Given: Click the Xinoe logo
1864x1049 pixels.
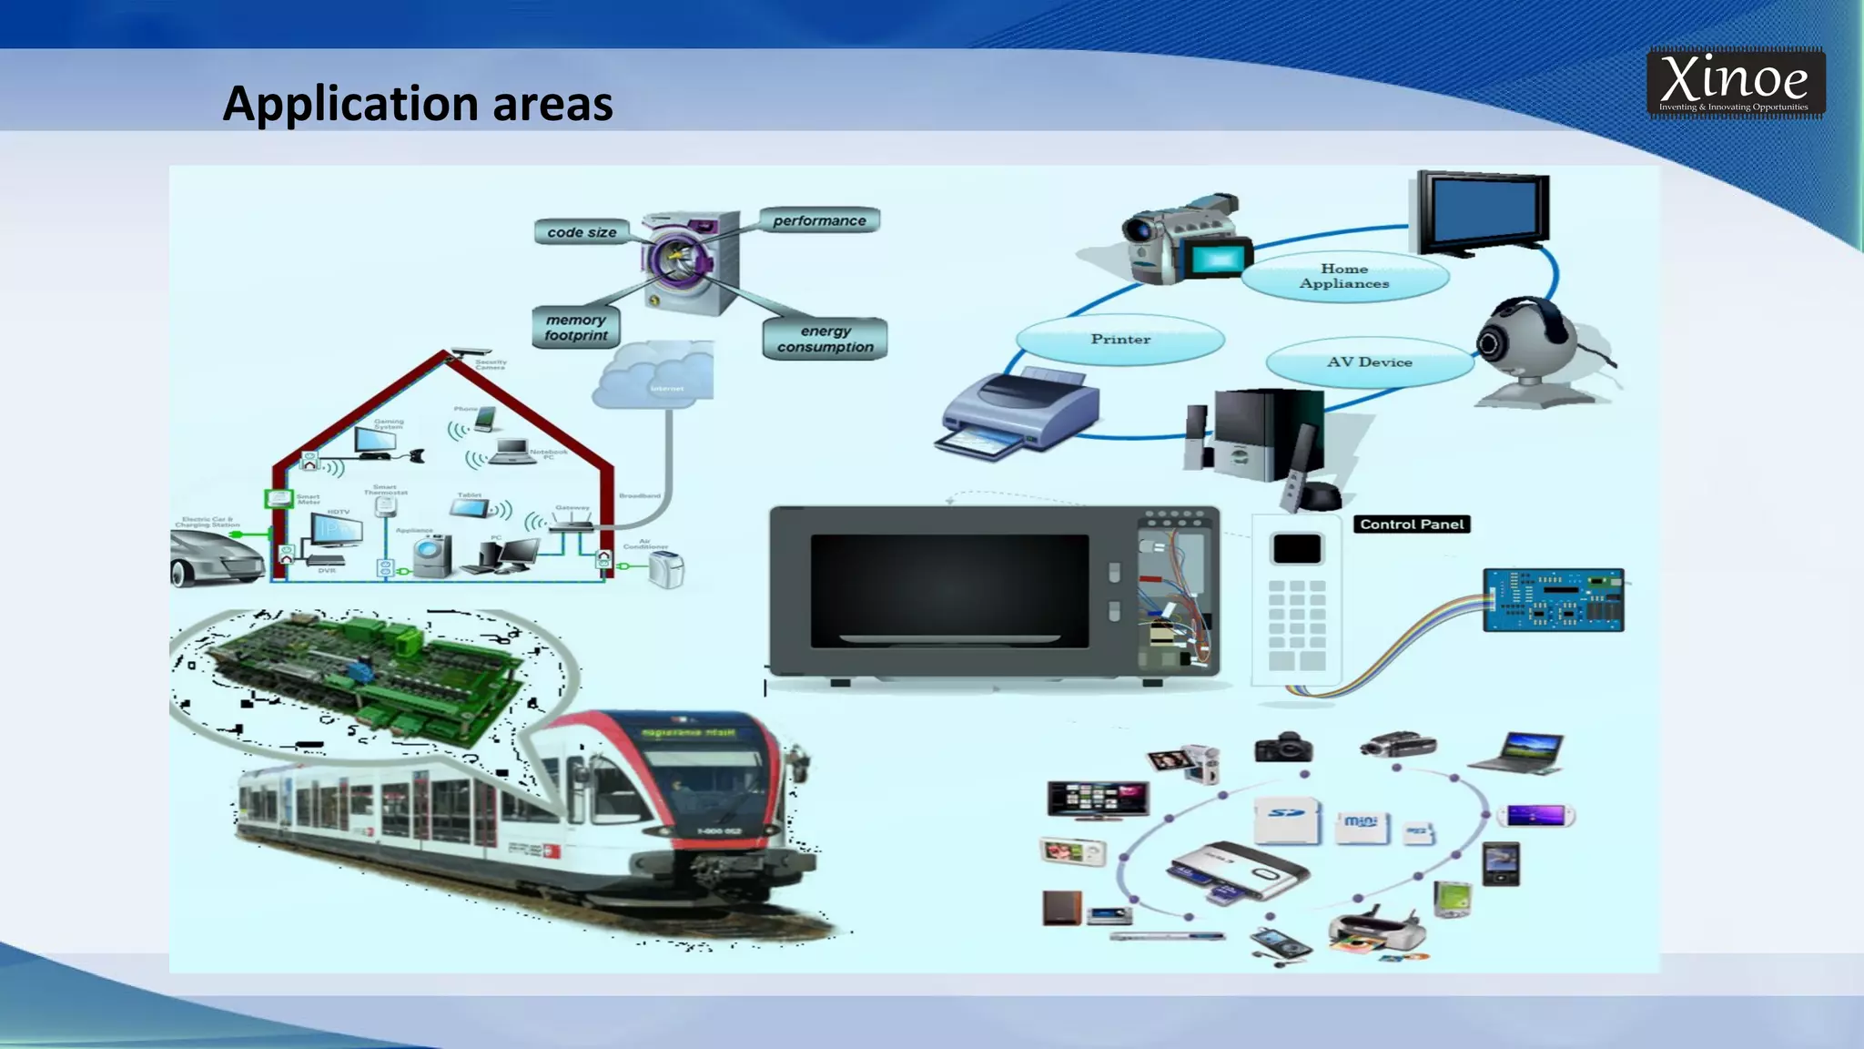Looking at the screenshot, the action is coord(1735,83).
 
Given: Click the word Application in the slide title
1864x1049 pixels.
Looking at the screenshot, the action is coord(349,105).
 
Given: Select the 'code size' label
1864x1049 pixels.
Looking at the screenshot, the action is coord(582,232).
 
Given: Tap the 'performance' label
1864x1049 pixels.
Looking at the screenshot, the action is coord(819,220).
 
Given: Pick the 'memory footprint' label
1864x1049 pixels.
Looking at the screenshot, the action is coord(575,328).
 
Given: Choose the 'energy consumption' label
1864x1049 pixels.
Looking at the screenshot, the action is coord(825,339).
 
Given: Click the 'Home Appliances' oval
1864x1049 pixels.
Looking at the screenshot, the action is coord(1343,276).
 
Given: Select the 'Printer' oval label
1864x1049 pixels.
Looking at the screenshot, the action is coord(1120,339).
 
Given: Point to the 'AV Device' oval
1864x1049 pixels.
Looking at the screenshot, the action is coord(1369,362).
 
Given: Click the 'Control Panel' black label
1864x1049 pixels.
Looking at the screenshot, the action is coord(1412,524).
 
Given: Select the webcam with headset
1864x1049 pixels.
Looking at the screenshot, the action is coord(1529,351).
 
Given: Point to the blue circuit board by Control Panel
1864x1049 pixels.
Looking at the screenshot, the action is coord(1553,600).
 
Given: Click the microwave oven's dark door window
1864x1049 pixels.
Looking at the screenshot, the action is coord(949,590).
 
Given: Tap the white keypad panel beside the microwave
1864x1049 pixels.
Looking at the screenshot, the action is coord(1296,601).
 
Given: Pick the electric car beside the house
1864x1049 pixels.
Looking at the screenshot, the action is coord(216,555).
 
